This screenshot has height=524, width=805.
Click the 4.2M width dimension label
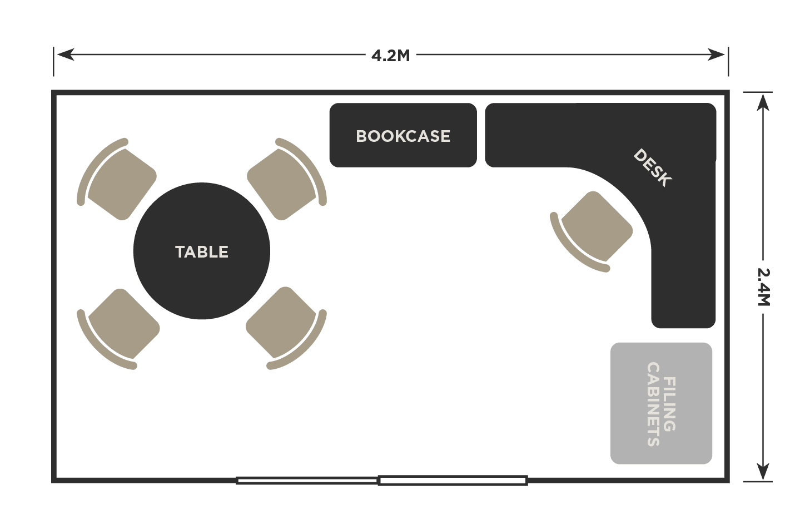click(x=391, y=56)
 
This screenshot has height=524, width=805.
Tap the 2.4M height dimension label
click(x=764, y=287)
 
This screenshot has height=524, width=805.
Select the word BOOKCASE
click(x=403, y=136)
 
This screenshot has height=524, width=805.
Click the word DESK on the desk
click(x=653, y=167)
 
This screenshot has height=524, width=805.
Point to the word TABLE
click(x=202, y=252)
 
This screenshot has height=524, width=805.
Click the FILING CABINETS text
click(x=661, y=404)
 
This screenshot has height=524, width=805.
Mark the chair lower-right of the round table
click(x=282, y=324)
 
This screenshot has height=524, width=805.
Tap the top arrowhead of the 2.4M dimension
click(x=763, y=101)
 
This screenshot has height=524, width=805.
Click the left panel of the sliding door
click(x=307, y=480)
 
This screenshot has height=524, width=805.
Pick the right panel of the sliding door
click(x=453, y=481)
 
